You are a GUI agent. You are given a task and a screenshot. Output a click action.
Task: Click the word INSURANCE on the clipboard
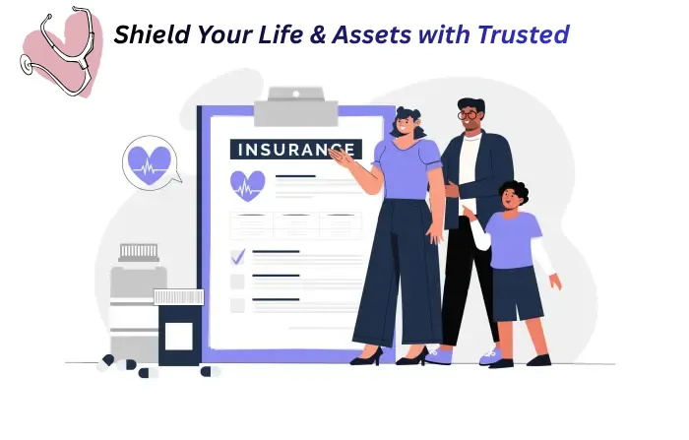coord(280,150)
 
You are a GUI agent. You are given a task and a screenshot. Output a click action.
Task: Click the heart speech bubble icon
coord(151,163)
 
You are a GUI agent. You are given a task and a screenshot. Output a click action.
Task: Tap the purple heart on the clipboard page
coord(247,184)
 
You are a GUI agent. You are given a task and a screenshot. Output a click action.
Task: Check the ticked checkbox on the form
coord(237,257)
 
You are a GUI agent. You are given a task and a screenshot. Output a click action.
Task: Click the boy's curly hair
coord(512,189)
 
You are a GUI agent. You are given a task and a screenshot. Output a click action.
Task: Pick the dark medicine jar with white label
coord(178,332)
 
